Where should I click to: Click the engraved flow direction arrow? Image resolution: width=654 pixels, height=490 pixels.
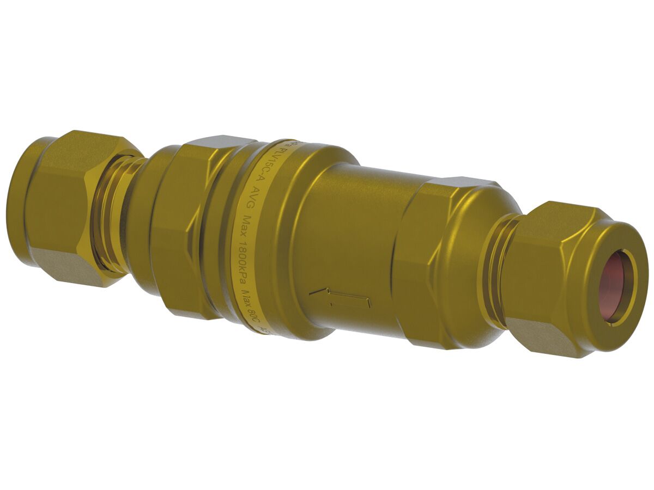click(340, 297)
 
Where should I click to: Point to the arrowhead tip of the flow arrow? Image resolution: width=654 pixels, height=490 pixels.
click(311, 293)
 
